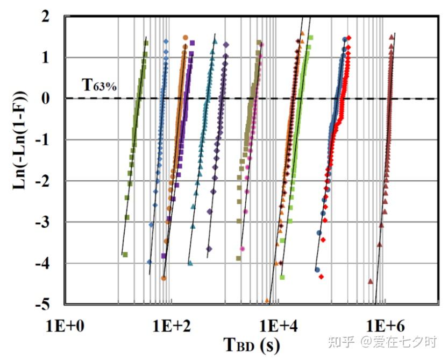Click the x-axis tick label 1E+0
click(x=64, y=326)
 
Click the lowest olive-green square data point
click(x=125, y=255)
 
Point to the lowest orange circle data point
click(x=163, y=278)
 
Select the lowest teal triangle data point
click(x=190, y=263)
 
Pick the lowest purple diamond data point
click(x=209, y=249)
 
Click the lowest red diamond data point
click(x=321, y=277)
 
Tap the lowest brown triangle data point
click(x=370, y=281)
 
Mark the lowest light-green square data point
click(x=282, y=278)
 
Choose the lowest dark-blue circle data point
click(x=317, y=270)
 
